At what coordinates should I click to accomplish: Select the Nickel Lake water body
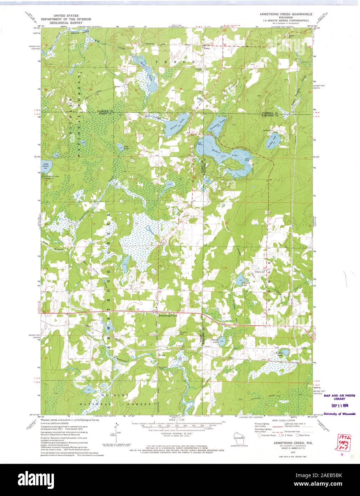click(284, 353)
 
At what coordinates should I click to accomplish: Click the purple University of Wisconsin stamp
click(339, 414)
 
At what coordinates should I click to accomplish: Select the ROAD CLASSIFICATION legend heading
click(282, 421)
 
